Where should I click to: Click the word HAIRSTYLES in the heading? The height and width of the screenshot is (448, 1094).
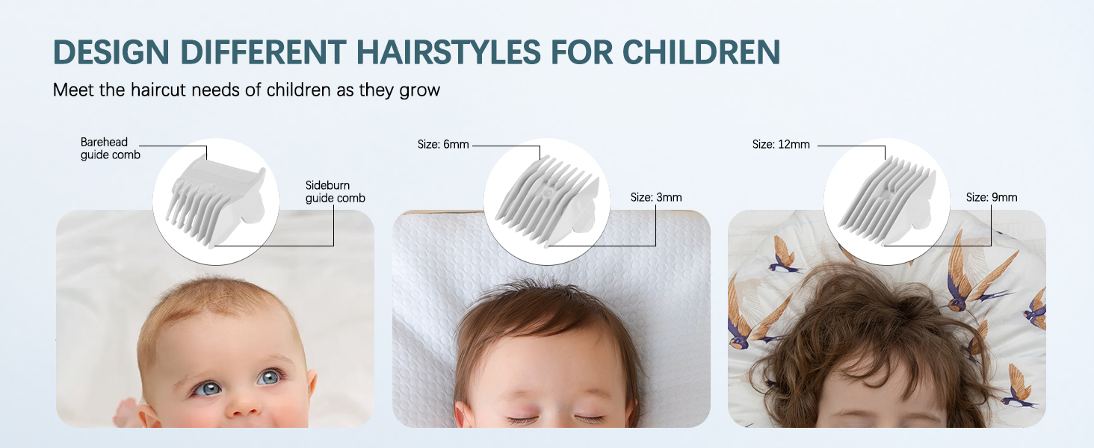(x=448, y=52)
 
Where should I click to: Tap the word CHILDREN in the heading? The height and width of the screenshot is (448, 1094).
(x=701, y=52)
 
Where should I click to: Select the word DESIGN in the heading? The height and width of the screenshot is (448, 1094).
(x=111, y=52)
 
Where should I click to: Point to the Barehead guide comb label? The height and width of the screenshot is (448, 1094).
(x=110, y=149)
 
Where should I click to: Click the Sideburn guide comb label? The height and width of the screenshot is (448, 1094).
(x=335, y=192)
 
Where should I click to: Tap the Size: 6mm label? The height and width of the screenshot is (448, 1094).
(x=443, y=144)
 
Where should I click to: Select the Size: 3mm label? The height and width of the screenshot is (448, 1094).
(x=656, y=197)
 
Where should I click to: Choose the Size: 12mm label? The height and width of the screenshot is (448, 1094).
(x=781, y=144)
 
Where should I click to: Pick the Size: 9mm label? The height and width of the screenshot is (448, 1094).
(x=992, y=197)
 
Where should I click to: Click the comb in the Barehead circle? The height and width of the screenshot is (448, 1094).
(x=216, y=201)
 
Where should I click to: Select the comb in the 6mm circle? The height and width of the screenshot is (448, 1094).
(x=547, y=200)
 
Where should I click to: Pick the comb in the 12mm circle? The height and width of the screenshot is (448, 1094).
(x=886, y=200)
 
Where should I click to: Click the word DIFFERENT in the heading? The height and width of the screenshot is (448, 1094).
(x=263, y=52)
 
